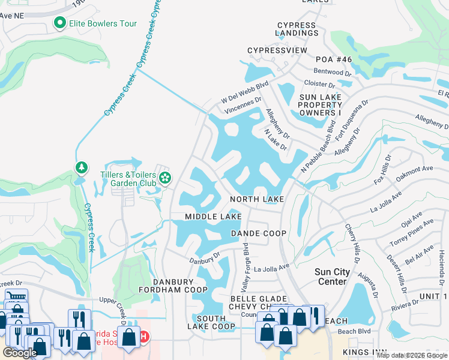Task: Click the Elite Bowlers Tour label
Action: (x=103, y=24)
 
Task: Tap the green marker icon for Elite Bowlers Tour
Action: (x=59, y=24)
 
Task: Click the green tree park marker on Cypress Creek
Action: (x=81, y=167)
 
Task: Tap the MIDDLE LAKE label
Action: (x=213, y=217)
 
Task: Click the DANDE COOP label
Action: (x=259, y=233)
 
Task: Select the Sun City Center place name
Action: (x=331, y=277)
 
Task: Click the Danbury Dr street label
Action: (x=205, y=257)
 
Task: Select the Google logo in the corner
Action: (x=20, y=353)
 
